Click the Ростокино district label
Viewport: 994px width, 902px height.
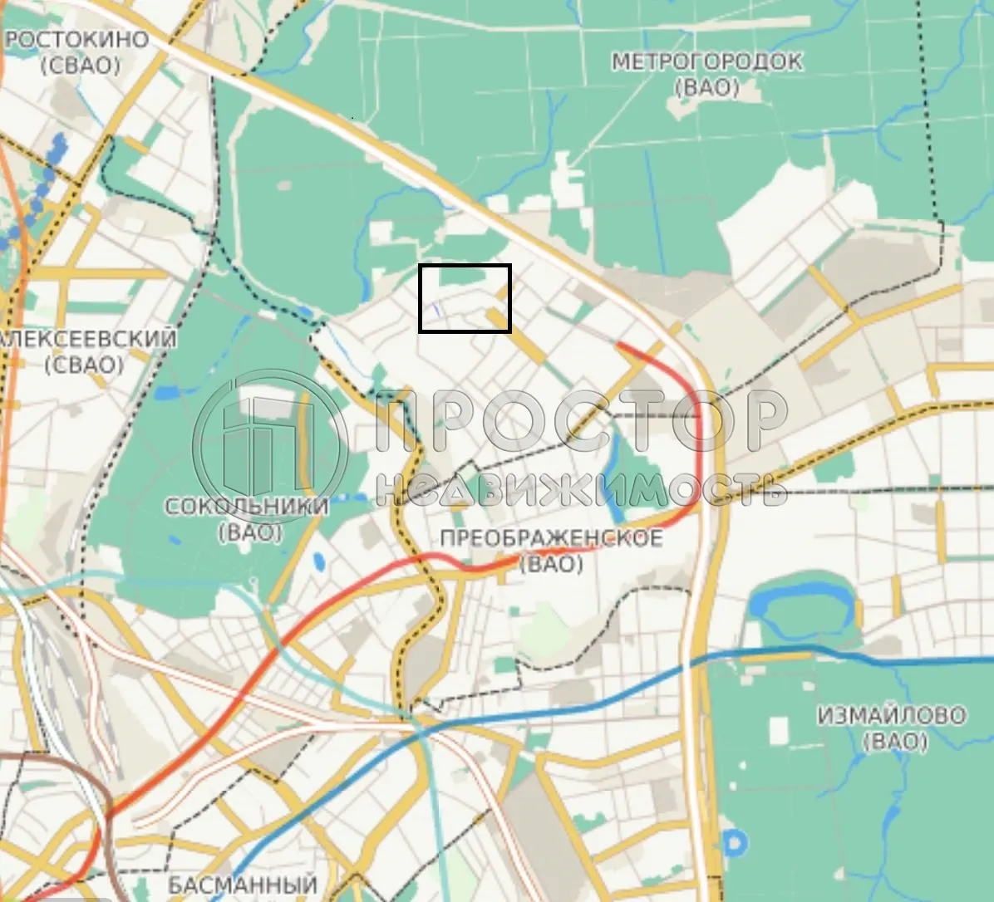click(x=78, y=39)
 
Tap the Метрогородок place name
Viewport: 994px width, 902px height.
click(x=706, y=61)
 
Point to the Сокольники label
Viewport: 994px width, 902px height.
click(x=247, y=506)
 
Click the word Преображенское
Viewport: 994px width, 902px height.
click(x=551, y=538)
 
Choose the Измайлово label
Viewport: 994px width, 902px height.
click(x=891, y=715)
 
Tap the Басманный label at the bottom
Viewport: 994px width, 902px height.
click(x=243, y=885)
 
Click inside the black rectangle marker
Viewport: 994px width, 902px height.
click(x=464, y=298)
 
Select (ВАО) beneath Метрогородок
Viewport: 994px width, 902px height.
click(x=706, y=87)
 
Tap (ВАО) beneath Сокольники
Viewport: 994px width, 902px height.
click(x=250, y=532)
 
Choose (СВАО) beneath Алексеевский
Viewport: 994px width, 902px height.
click(x=85, y=364)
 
